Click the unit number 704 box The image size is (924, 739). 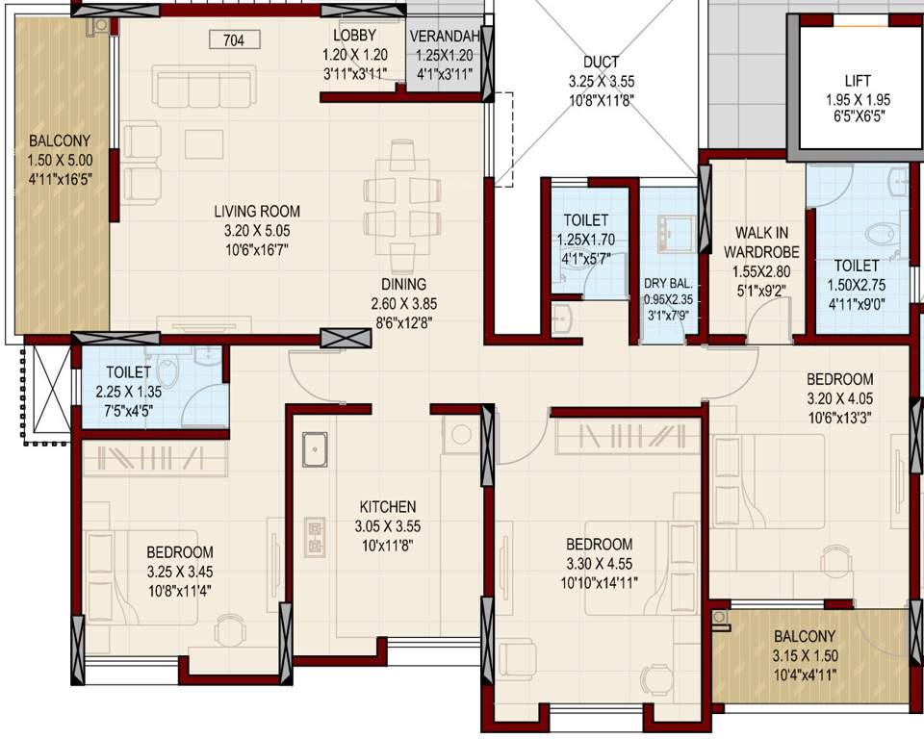233,40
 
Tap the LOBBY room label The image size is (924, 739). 355,36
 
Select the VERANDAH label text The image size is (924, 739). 443,37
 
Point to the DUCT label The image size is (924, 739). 601,63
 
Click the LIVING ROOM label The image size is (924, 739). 256,211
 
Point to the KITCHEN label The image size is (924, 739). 388,506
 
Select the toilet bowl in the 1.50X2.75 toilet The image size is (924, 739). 879,234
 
